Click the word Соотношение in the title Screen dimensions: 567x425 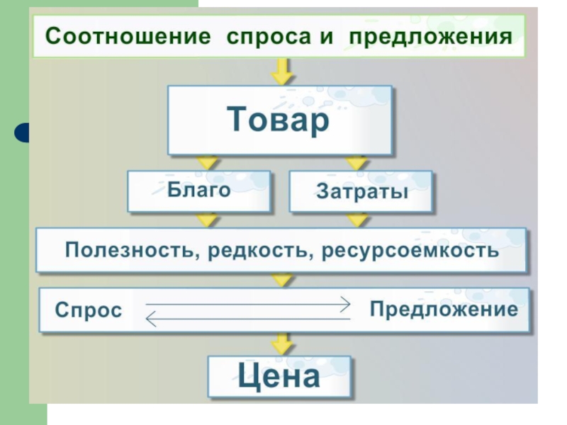pyautogui.click(x=128, y=36)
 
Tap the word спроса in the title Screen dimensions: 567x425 pyautogui.click(x=269, y=38)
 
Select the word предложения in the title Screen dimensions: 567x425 pyautogui.click(x=430, y=38)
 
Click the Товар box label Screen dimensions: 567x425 pyautogui.click(x=278, y=119)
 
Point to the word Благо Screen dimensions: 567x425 pyautogui.click(x=199, y=189)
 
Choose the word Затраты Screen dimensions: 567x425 pyautogui.click(x=362, y=191)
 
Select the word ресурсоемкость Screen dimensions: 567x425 pyautogui.click(x=410, y=251)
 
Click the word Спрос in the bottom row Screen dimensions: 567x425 pyautogui.click(x=89, y=310)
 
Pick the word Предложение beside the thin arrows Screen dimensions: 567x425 pyautogui.click(x=444, y=310)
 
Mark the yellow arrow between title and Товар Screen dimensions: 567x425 pyautogui.click(x=282, y=72)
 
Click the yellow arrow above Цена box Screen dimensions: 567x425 pyautogui.click(x=282, y=344)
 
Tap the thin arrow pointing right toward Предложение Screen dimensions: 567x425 pyautogui.click(x=248, y=305)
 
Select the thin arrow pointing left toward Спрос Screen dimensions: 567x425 pyautogui.click(x=248, y=319)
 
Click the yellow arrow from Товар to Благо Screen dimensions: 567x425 pyautogui.click(x=208, y=163)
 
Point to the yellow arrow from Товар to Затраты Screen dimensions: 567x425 pyautogui.click(x=357, y=163)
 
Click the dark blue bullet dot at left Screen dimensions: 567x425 pyautogui.click(x=22, y=132)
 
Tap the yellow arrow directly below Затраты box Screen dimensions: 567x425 pyautogui.click(x=357, y=220)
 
